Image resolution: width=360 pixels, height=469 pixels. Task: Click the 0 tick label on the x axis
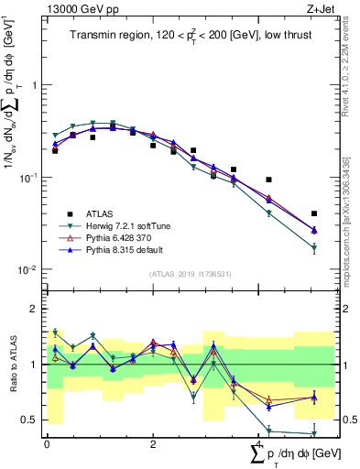(47, 443)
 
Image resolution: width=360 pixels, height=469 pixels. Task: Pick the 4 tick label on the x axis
(258, 443)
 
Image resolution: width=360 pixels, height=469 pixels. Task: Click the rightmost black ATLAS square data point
(314, 213)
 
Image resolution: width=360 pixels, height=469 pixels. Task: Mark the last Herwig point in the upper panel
(314, 248)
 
